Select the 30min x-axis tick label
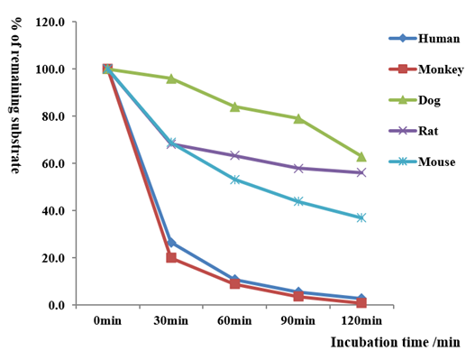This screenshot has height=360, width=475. pos(171,321)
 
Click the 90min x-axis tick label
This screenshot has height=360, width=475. pos(298,321)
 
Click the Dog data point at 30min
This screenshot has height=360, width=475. pos(171,78)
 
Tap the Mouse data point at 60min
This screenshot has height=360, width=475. pos(234,180)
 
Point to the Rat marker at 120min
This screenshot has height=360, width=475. pos(361,172)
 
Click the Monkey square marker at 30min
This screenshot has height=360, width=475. pos(171,258)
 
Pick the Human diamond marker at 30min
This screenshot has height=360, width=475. pos(171,243)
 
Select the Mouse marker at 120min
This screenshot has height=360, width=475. pos(361,217)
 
